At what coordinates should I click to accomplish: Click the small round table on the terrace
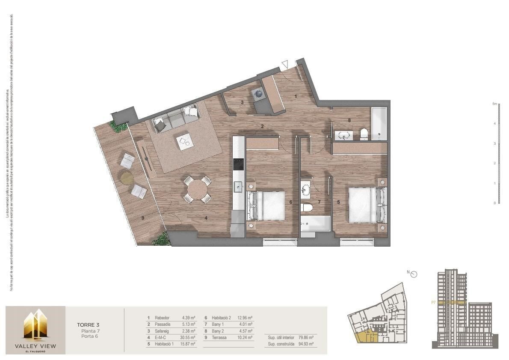click(x=127, y=178)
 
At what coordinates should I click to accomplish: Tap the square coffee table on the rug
click(x=185, y=141)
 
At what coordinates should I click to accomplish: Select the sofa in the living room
click(x=175, y=118)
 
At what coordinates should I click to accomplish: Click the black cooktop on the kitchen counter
click(x=238, y=165)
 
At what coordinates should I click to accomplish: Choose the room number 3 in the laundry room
click(x=242, y=102)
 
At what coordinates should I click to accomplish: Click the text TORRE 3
click(x=88, y=324)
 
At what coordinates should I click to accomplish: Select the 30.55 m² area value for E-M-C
click(x=187, y=337)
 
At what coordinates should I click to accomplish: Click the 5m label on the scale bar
click(x=494, y=104)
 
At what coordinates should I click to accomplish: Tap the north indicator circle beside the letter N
click(x=414, y=275)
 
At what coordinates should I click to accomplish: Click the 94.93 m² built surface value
click(x=305, y=344)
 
